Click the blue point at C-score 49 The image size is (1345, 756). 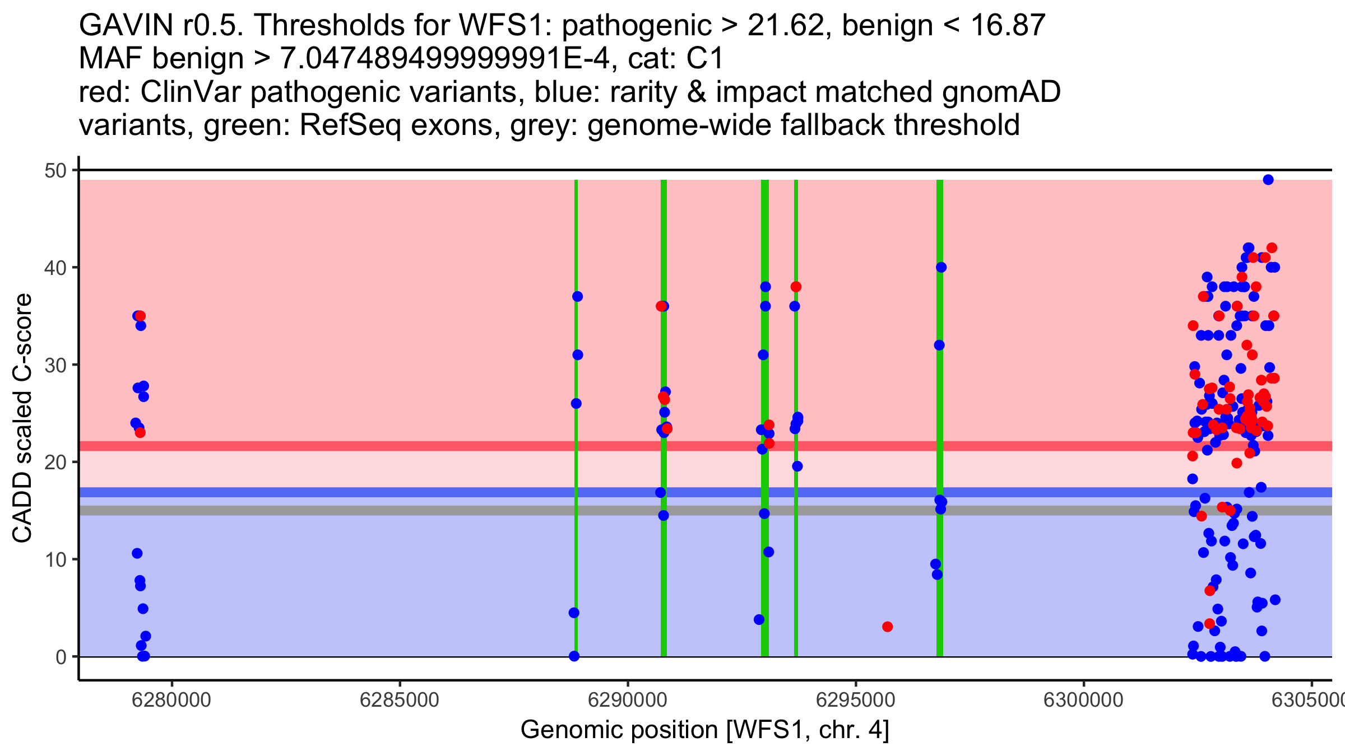[1268, 180]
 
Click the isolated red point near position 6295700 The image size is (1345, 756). [887, 627]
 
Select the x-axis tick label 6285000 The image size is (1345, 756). [400, 701]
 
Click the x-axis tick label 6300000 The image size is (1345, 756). [1083, 701]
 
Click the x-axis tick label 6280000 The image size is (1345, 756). [171, 701]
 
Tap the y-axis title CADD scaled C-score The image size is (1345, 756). [22, 418]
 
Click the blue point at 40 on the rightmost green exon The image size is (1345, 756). [941, 267]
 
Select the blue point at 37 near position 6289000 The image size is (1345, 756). [577, 296]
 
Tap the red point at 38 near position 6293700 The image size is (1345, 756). [796, 287]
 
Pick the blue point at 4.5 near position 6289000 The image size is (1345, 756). [574, 613]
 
